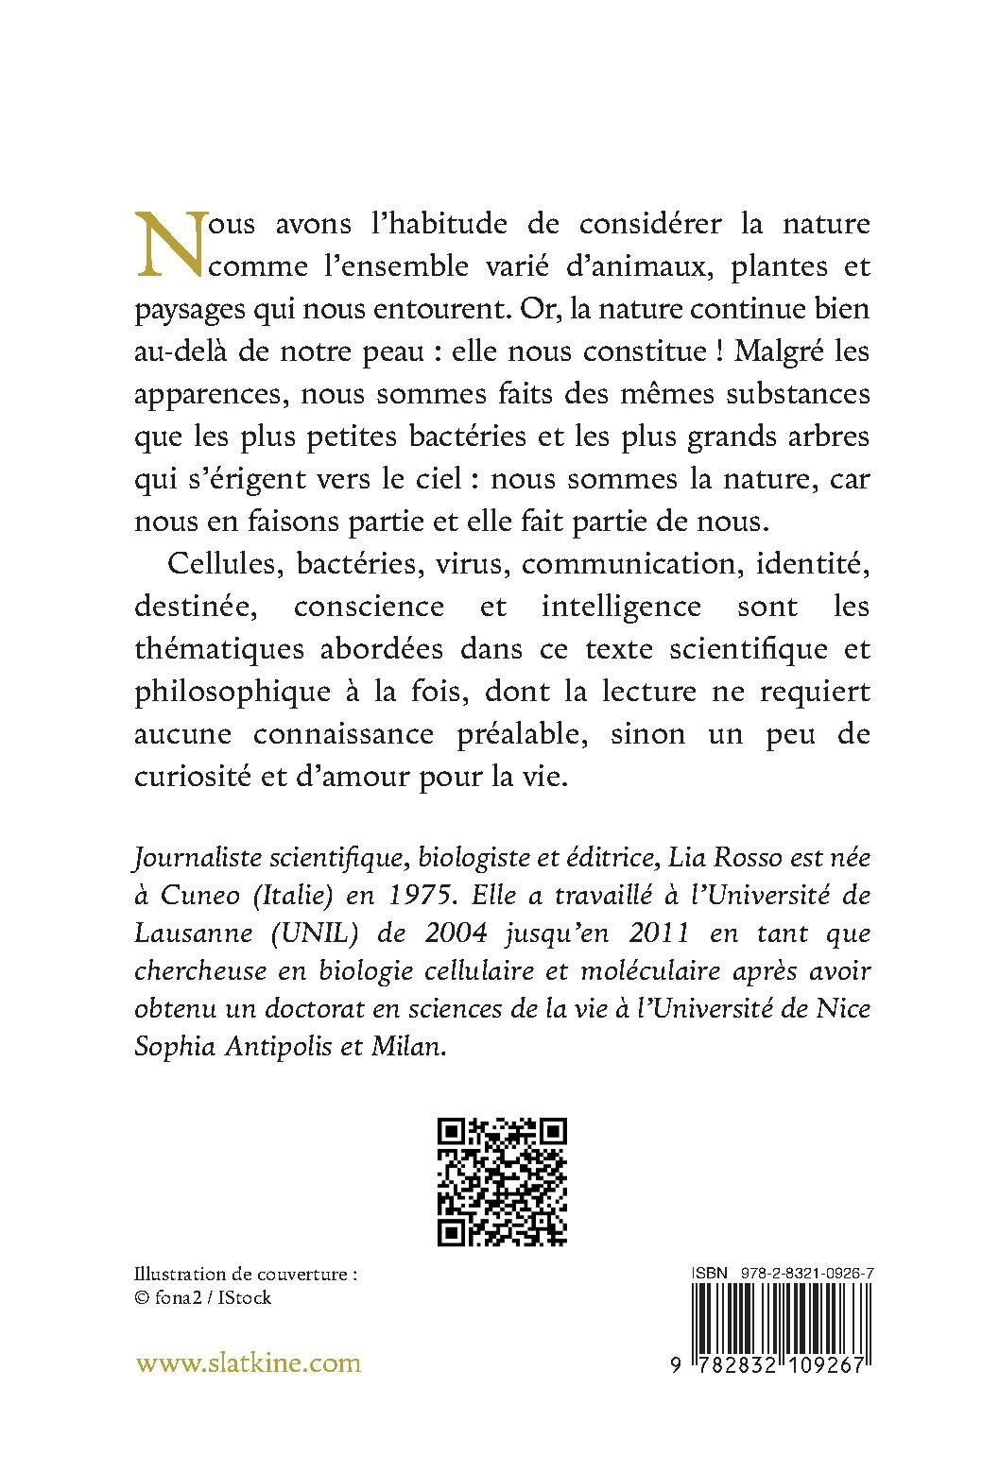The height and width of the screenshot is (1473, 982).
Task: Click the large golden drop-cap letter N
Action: (x=170, y=244)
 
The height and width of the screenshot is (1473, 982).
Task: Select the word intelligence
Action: (x=621, y=607)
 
